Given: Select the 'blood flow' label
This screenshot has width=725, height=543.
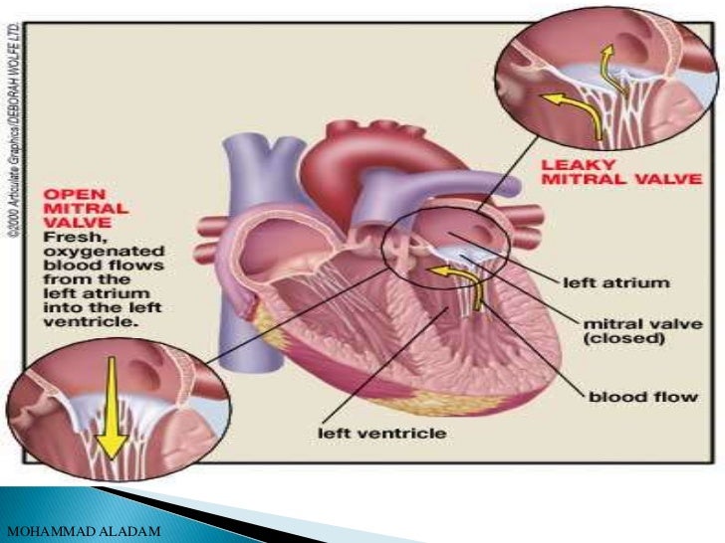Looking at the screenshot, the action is (629, 394).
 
